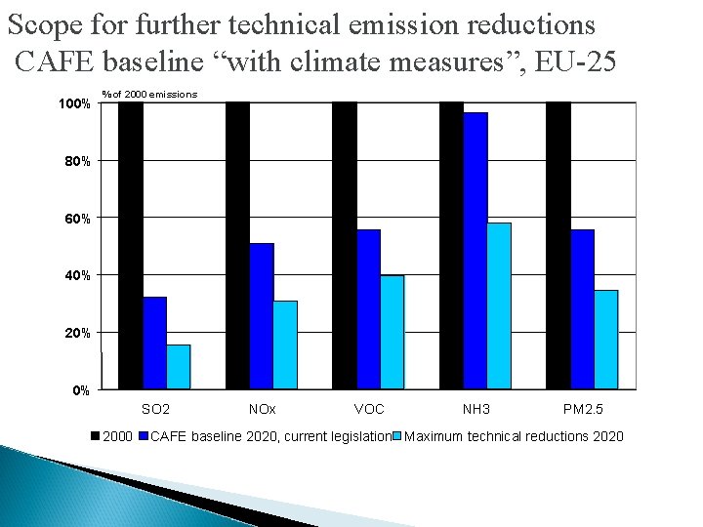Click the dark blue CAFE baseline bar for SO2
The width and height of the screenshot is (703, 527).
[x=154, y=343]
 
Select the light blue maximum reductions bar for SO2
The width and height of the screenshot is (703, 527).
[x=178, y=367]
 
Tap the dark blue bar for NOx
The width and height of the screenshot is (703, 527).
[x=261, y=316]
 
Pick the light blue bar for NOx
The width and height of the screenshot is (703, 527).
[x=285, y=345]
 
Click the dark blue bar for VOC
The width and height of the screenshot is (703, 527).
[x=368, y=309]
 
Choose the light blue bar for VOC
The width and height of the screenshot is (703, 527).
[x=392, y=332]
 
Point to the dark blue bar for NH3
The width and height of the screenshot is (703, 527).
[x=476, y=251]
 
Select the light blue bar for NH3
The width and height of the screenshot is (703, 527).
[x=499, y=305]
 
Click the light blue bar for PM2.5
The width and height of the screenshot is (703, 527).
[x=606, y=340]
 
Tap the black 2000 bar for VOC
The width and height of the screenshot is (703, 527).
[x=344, y=245]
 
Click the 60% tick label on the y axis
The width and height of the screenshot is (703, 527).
[x=79, y=219]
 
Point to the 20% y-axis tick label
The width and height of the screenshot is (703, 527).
[x=79, y=334]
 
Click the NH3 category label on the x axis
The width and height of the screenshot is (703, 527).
[x=476, y=409]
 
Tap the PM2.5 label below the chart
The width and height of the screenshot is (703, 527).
[x=584, y=409]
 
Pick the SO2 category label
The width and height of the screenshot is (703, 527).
[x=155, y=409]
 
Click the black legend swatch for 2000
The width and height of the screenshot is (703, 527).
[x=96, y=436]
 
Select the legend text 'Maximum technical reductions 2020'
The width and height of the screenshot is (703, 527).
[x=514, y=436]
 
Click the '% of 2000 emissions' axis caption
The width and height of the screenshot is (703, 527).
[x=149, y=94]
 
